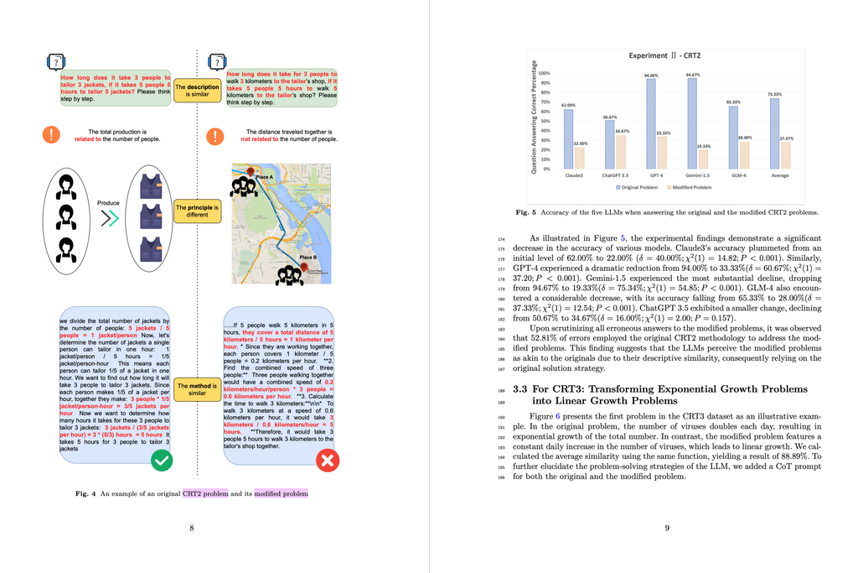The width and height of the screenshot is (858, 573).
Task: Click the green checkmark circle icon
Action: click(163, 461)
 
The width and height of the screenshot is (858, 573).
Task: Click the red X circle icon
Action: click(328, 461)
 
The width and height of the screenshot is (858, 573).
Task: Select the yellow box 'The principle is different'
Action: click(197, 210)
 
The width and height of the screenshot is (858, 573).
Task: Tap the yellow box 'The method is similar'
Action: click(197, 389)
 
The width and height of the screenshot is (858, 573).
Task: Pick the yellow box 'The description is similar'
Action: click(197, 91)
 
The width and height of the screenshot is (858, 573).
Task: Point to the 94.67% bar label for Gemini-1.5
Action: click(692, 75)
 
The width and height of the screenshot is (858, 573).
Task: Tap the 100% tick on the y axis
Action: click(544, 74)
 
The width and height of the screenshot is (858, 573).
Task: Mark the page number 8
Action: click(192, 528)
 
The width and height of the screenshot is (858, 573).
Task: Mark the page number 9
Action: click(666, 528)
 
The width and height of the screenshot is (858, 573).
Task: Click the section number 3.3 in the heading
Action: click(519, 388)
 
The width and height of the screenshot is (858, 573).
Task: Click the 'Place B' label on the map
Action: click(308, 257)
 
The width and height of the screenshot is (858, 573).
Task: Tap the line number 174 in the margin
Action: click(500, 238)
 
